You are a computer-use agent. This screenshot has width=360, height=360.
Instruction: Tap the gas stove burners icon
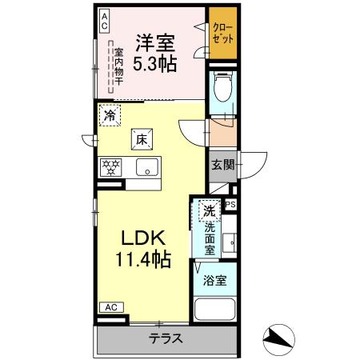pyautogui.click(x=110, y=167)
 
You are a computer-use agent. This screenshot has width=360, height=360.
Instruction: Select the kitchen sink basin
pyautogui.click(x=146, y=167)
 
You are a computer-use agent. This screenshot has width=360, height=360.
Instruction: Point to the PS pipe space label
pyautogui.click(x=231, y=205)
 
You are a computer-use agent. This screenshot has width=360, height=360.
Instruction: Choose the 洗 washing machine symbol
pyautogui.click(x=208, y=211)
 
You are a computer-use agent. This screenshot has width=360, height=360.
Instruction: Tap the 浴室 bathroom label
pyautogui.click(x=213, y=281)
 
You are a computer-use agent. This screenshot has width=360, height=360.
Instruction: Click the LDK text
pyautogui.click(x=143, y=238)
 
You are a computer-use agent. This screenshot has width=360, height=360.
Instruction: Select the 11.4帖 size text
pyautogui.click(x=144, y=260)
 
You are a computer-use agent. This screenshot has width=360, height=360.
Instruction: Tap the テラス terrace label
pyautogui.click(x=166, y=338)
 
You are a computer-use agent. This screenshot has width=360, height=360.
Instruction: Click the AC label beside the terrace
pyautogui.click(x=111, y=306)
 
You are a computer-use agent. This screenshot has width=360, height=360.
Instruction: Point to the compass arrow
pyautogui.click(x=280, y=338)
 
